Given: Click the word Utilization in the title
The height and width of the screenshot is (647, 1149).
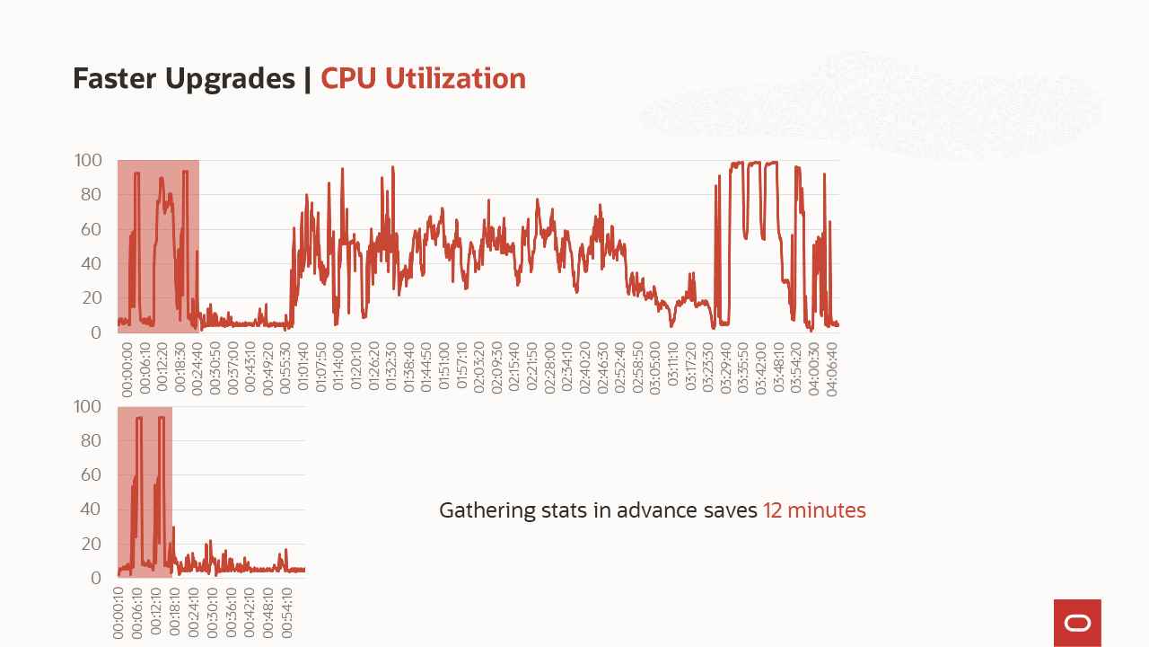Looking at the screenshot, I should [x=455, y=79].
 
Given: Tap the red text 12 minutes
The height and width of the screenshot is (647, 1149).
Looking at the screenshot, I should [x=814, y=510].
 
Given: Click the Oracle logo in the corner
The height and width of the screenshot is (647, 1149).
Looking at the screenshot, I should [x=1077, y=623].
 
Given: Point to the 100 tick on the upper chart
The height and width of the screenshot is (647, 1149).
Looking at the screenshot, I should [x=88, y=161].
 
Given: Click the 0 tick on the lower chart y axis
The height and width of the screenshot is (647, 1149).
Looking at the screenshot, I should [x=96, y=578].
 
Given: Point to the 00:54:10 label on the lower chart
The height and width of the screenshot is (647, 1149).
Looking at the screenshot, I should [x=287, y=613].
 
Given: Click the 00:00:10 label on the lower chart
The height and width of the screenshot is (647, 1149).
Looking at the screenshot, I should [x=118, y=613].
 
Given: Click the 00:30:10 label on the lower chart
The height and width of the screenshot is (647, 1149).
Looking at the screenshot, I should [x=213, y=613].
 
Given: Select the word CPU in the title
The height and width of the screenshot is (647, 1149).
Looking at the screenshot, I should [x=349, y=79].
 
